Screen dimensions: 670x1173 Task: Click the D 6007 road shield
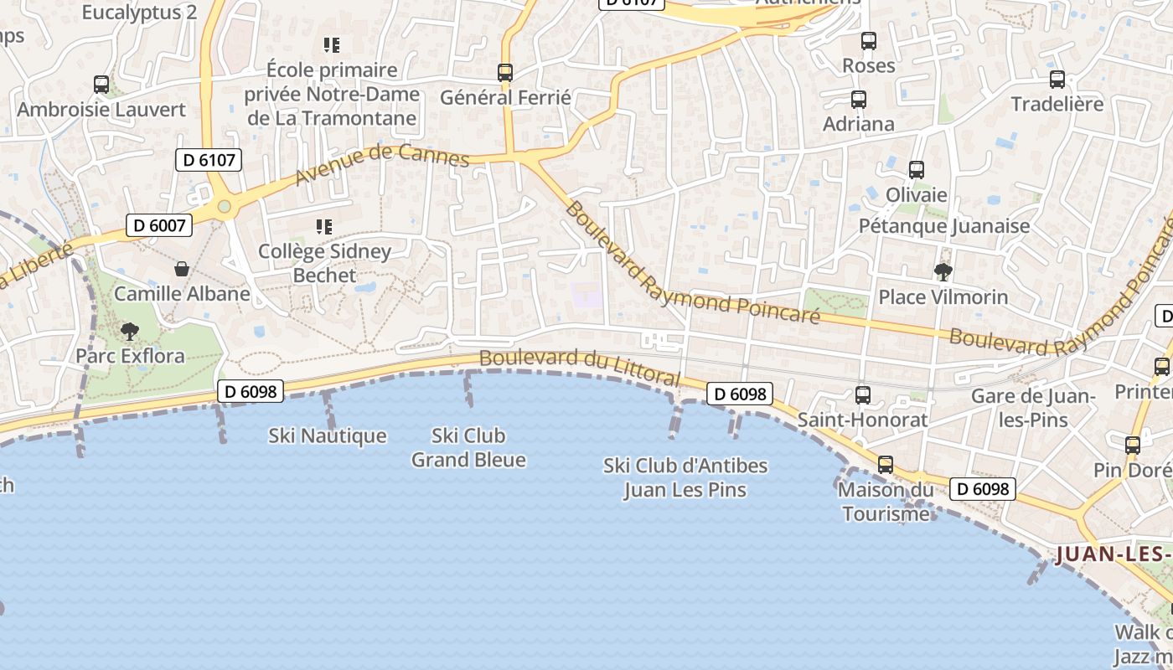(159, 224)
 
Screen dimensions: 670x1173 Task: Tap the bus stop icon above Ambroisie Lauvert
(101, 85)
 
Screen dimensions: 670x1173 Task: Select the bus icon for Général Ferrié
(505, 73)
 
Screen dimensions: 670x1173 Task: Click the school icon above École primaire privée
(332, 44)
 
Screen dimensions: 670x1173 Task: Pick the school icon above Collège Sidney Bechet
(324, 226)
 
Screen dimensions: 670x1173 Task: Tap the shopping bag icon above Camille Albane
(181, 269)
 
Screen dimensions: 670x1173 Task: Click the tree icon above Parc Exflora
(129, 332)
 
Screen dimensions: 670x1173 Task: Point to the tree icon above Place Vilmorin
(943, 271)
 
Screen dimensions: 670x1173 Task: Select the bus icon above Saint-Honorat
(862, 394)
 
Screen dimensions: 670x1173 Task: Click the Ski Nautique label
(328, 435)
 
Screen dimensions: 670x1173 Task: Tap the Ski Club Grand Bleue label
(468, 447)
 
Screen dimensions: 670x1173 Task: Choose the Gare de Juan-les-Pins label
(1033, 407)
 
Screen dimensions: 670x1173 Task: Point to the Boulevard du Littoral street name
(580, 366)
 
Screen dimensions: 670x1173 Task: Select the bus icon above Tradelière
(1057, 80)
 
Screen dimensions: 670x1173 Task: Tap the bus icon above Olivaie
(917, 170)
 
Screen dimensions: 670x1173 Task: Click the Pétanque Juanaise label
(944, 226)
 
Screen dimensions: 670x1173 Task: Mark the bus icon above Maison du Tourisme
(886, 465)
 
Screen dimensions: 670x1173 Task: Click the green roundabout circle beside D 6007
(224, 206)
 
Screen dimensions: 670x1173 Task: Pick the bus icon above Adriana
(859, 100)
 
